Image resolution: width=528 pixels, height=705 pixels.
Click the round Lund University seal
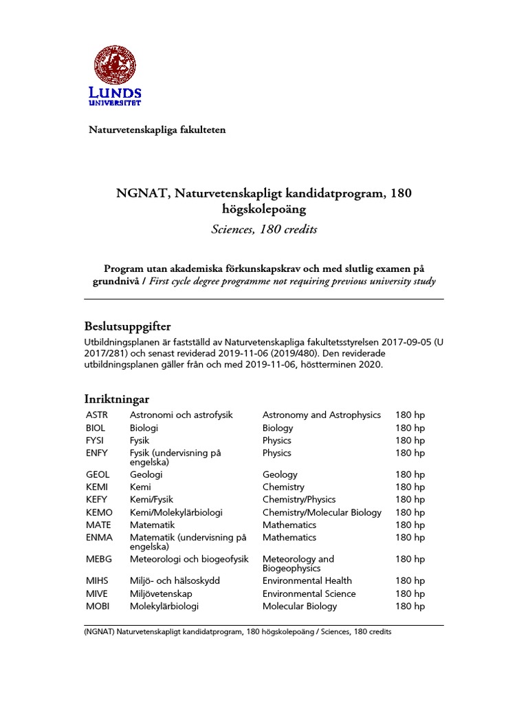coord(115,65)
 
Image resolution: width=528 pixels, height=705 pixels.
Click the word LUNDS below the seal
coord(115,93)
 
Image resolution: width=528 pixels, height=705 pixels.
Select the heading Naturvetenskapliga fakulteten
coord(157,129)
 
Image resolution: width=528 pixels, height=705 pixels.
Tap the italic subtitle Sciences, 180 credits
coord(264,229)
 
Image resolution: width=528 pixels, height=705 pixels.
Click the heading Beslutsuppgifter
coord(128,326)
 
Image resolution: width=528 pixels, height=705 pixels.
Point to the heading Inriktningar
coord(116,399)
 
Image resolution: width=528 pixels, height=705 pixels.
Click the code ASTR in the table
coord(97,415)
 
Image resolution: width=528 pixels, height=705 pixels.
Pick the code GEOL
coord(98,474)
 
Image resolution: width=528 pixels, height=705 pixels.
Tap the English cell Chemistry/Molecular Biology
coord(322,512)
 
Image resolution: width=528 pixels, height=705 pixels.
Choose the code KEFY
coord(97,500)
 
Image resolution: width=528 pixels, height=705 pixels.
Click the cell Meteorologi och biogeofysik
coord(189,559)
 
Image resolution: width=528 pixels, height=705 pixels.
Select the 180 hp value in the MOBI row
coord(410,607)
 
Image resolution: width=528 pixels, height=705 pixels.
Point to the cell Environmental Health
coord(307,581)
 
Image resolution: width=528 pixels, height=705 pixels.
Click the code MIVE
coord(97,593)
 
